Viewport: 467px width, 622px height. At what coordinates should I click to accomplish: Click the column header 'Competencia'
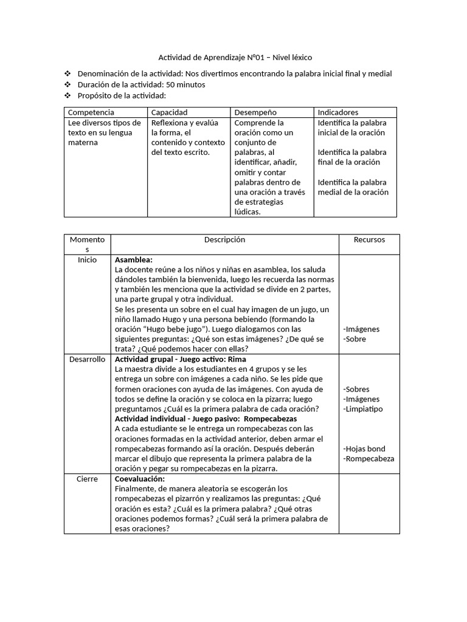pos(91,112)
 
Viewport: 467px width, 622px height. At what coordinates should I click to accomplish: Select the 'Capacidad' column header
pos(170,112)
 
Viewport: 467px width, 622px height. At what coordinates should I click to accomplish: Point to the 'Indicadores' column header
pos(338,112)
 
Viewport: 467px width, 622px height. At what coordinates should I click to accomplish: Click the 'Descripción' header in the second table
pos(224,240)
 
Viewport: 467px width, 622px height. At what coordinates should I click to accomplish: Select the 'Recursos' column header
pos(369,240)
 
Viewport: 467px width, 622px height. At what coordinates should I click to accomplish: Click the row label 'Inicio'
pos(88,260)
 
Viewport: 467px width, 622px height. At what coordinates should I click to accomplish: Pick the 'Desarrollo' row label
pos(88,360)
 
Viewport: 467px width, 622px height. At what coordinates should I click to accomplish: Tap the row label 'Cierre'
pos(88,479)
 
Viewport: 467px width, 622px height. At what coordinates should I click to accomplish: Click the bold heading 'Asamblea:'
pos(134,260)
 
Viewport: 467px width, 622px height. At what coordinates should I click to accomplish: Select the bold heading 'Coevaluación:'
pos(140,479)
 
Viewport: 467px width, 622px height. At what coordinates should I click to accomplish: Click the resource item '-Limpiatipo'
pos(363,409)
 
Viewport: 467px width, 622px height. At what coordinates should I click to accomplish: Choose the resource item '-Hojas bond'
pos(364,449)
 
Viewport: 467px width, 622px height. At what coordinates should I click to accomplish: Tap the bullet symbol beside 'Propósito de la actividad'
pos(67,96)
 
